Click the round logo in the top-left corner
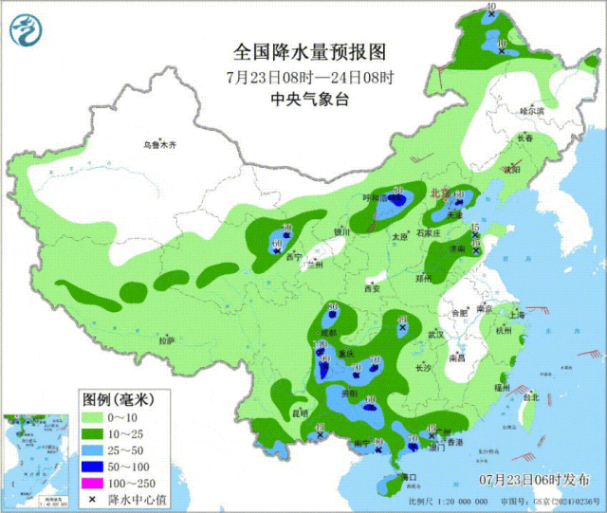[27, 31]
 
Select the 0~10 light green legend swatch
[94, 417]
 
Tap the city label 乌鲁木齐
[159, 145]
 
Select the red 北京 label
[439, 192]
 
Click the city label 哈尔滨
[533, 111]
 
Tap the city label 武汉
[436, 335]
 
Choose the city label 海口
[409, 476]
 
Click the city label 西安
[373, 288]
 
